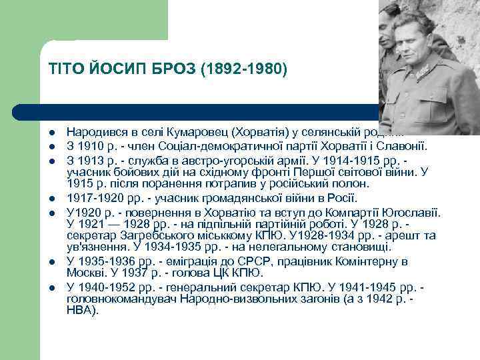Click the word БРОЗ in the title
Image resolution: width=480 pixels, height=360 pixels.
(x=165, y=69)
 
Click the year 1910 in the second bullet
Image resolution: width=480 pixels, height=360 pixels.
(x=91, y=146)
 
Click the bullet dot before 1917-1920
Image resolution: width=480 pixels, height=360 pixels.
(x=51, y=199)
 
